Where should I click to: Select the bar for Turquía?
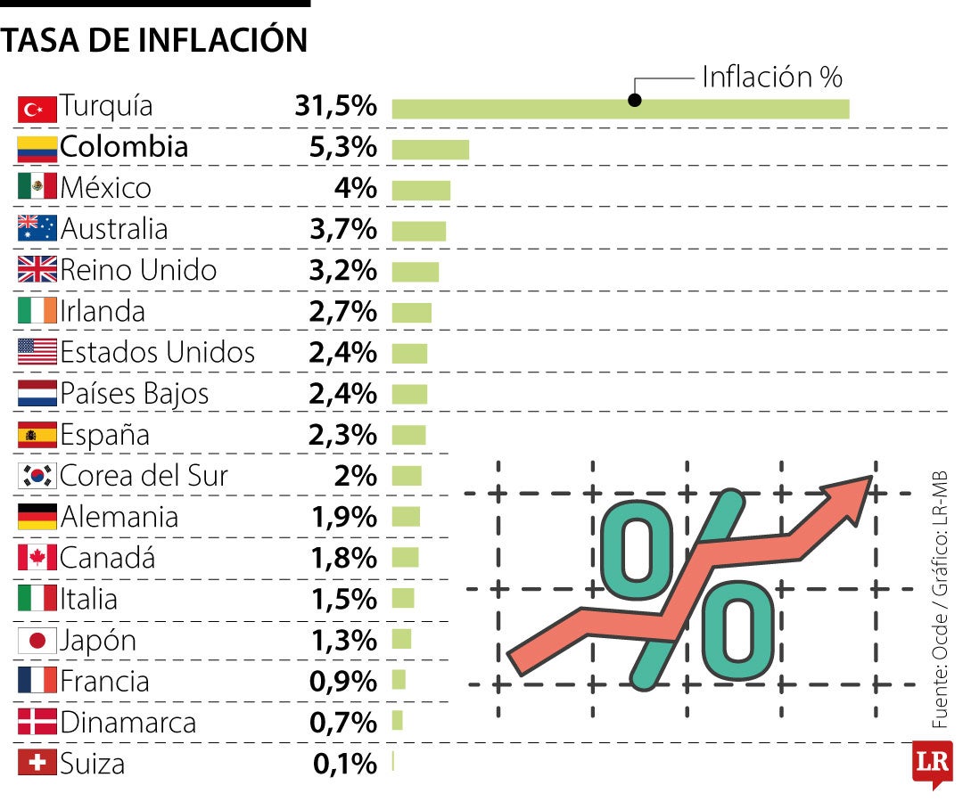620,109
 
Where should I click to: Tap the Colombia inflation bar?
430,149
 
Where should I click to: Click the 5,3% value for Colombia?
342,147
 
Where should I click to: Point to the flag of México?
37,187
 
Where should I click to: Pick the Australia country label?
113,229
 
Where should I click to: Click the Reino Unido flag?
37,270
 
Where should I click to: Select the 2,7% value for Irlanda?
342,312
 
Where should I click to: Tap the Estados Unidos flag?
37,352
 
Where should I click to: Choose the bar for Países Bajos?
409,394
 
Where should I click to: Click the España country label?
104,436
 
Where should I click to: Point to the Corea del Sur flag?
37,476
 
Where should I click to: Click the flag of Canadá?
37,558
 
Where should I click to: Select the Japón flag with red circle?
37,641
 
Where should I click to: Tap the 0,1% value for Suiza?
344,764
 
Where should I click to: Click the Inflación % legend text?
771,78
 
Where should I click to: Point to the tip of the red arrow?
868,479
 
